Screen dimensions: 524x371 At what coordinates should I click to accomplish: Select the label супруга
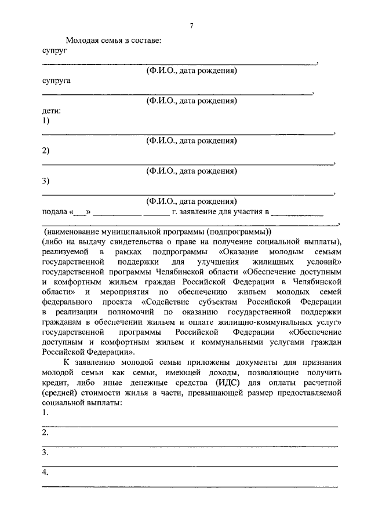(56, 81)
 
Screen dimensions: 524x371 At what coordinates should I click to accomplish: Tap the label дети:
(52, 110)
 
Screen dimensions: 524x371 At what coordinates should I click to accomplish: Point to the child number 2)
(46, 151)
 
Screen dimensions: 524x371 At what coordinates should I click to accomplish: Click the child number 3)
(46, 181)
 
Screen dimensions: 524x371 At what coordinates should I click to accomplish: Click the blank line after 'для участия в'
(297, 212)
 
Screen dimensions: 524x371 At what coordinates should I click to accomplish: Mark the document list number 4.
(45, 473)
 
